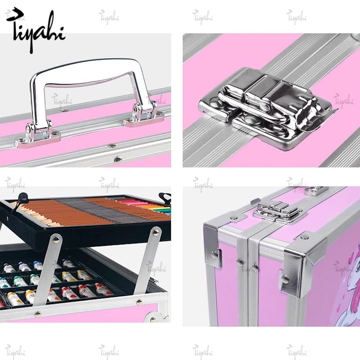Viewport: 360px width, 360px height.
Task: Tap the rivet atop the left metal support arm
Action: [x=56, y=238]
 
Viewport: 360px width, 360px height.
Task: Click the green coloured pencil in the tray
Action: [x=160, y=211]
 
